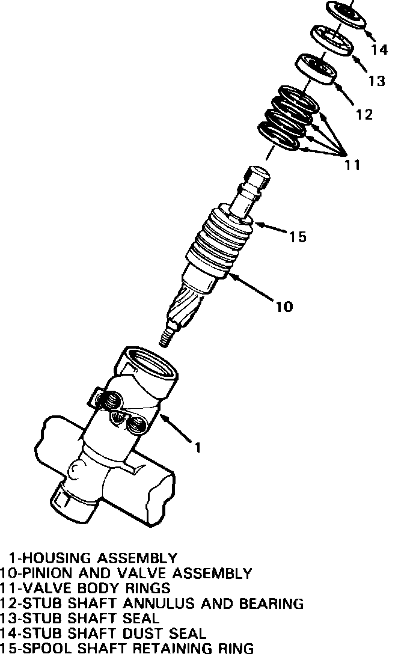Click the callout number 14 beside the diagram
click(x=379, y=50)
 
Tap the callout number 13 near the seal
click(x=376, y=80)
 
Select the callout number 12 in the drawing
click(x=364, y=114)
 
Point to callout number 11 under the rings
click(x=352, y=164)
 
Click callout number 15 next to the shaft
click(x=298, y=237)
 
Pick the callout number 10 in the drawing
click(x=284, y=307)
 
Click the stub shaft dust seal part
click(x=347, y=13)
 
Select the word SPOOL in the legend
click(x=44, y=648)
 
